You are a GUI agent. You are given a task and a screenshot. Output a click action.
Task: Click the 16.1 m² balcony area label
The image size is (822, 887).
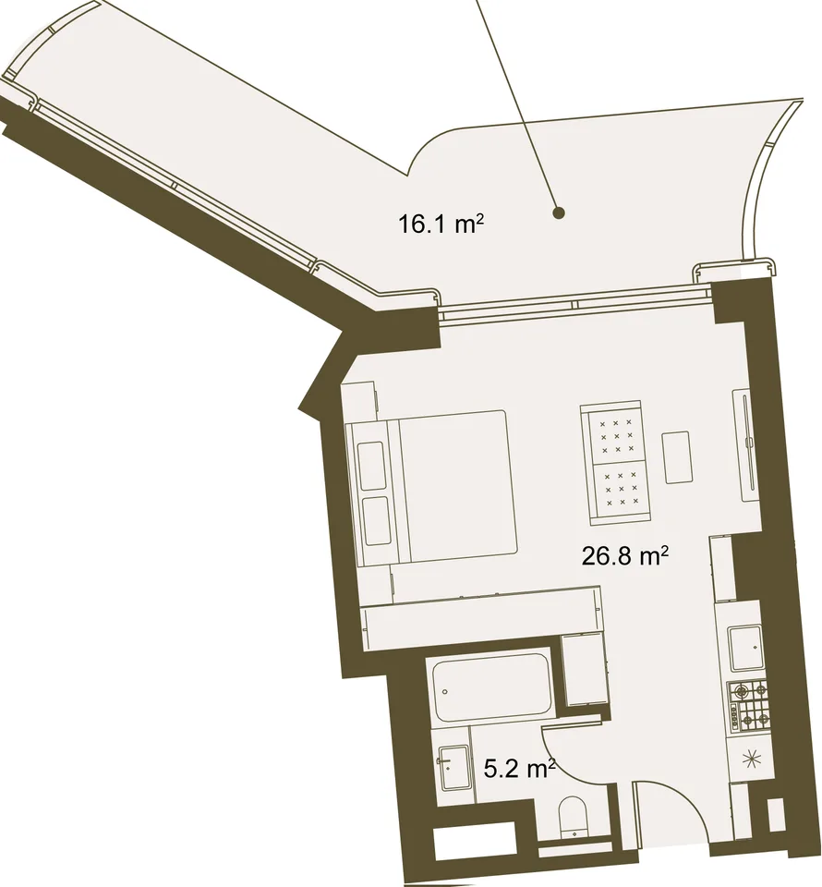pos(441,224)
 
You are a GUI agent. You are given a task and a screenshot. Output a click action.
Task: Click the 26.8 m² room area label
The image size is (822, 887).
pos(625,556)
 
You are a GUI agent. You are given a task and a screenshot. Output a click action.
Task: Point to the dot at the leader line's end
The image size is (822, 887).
pos(559,213)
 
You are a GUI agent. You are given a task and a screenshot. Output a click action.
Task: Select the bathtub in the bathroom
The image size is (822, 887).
pos(492,687)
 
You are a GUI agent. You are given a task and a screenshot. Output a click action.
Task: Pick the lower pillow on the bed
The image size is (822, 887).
pos(374,521)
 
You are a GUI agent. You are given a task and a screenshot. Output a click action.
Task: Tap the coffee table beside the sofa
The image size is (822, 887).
pos(677,457)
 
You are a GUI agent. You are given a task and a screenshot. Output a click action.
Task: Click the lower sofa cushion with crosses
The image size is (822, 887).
pos(620,488)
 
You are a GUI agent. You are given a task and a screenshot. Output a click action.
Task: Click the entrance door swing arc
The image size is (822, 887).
pos(687,793)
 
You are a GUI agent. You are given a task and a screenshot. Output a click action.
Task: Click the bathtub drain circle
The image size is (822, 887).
pos(445,691)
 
